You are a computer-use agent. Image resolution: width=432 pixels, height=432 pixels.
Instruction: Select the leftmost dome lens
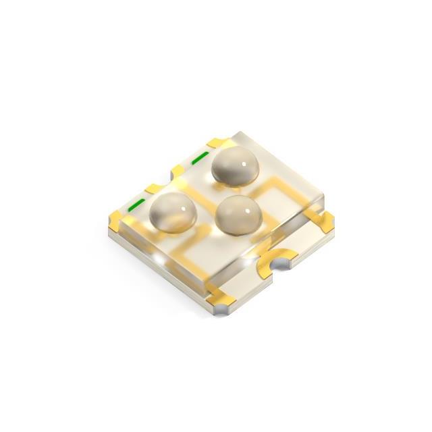tap(173, 213)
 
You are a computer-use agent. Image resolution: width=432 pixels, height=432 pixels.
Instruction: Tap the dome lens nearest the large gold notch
tap(237, 216)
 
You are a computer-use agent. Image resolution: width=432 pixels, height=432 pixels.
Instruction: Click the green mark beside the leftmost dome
tap(137, 205)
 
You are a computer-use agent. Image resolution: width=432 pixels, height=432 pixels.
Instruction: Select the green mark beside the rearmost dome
tap(200, 159)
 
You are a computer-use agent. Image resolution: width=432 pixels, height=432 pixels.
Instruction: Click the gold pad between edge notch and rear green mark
tap(180, 170)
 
